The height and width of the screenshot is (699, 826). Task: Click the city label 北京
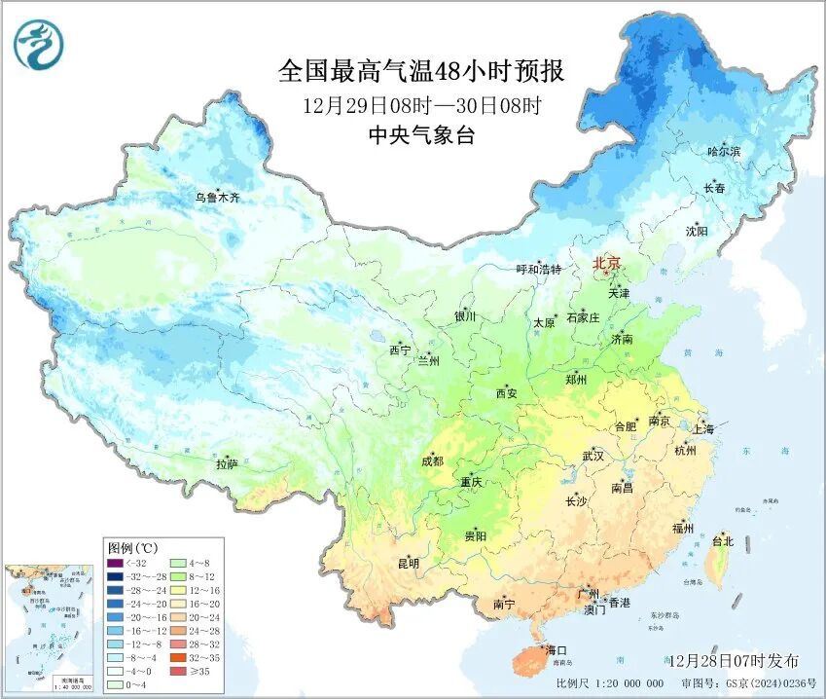607,263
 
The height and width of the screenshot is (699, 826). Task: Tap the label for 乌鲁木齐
217,198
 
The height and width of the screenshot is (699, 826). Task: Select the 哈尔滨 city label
724,152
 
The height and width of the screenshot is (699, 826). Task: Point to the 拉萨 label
227,464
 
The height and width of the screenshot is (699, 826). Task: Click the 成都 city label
432,460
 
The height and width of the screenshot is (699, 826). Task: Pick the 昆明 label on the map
409,563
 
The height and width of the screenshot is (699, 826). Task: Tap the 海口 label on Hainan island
556,649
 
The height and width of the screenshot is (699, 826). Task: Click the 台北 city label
723,541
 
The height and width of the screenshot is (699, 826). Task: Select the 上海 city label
702,429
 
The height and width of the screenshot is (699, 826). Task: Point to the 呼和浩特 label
538,270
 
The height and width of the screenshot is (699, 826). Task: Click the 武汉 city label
593,456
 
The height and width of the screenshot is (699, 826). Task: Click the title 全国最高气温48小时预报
421,72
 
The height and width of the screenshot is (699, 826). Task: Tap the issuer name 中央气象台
421,136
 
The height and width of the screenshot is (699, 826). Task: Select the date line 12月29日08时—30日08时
421,105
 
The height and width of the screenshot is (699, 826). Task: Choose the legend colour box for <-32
116,563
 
